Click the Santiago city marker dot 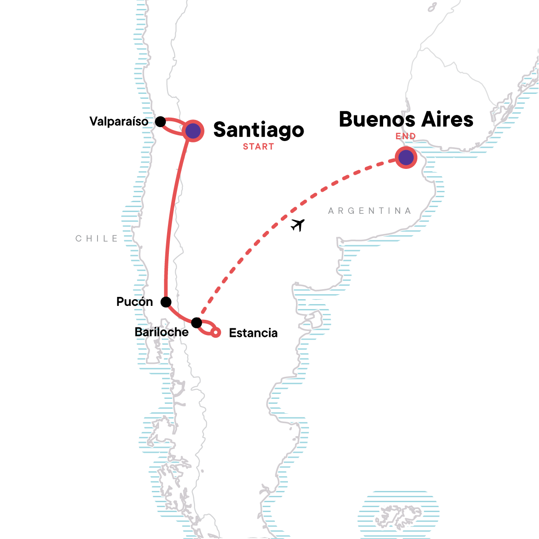click(193, 131)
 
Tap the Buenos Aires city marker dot click(406, 158)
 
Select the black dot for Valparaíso click(160, 122)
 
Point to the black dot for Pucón click(166, 301)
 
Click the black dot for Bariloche click(196, 323)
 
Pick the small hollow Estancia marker click(216, 332)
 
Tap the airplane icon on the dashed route click(297, 224)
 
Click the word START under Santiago click(258, 147)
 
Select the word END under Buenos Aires click(406, 136)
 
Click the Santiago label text click(259, 130)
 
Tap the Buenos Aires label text click(406, 119)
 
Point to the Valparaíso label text click(119, 122)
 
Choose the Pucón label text click(134, 302)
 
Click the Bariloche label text click(162, 332)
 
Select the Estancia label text click(253, 333)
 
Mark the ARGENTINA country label click(370, 211)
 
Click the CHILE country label click(97, 239)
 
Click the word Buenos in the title click(376, 119)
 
